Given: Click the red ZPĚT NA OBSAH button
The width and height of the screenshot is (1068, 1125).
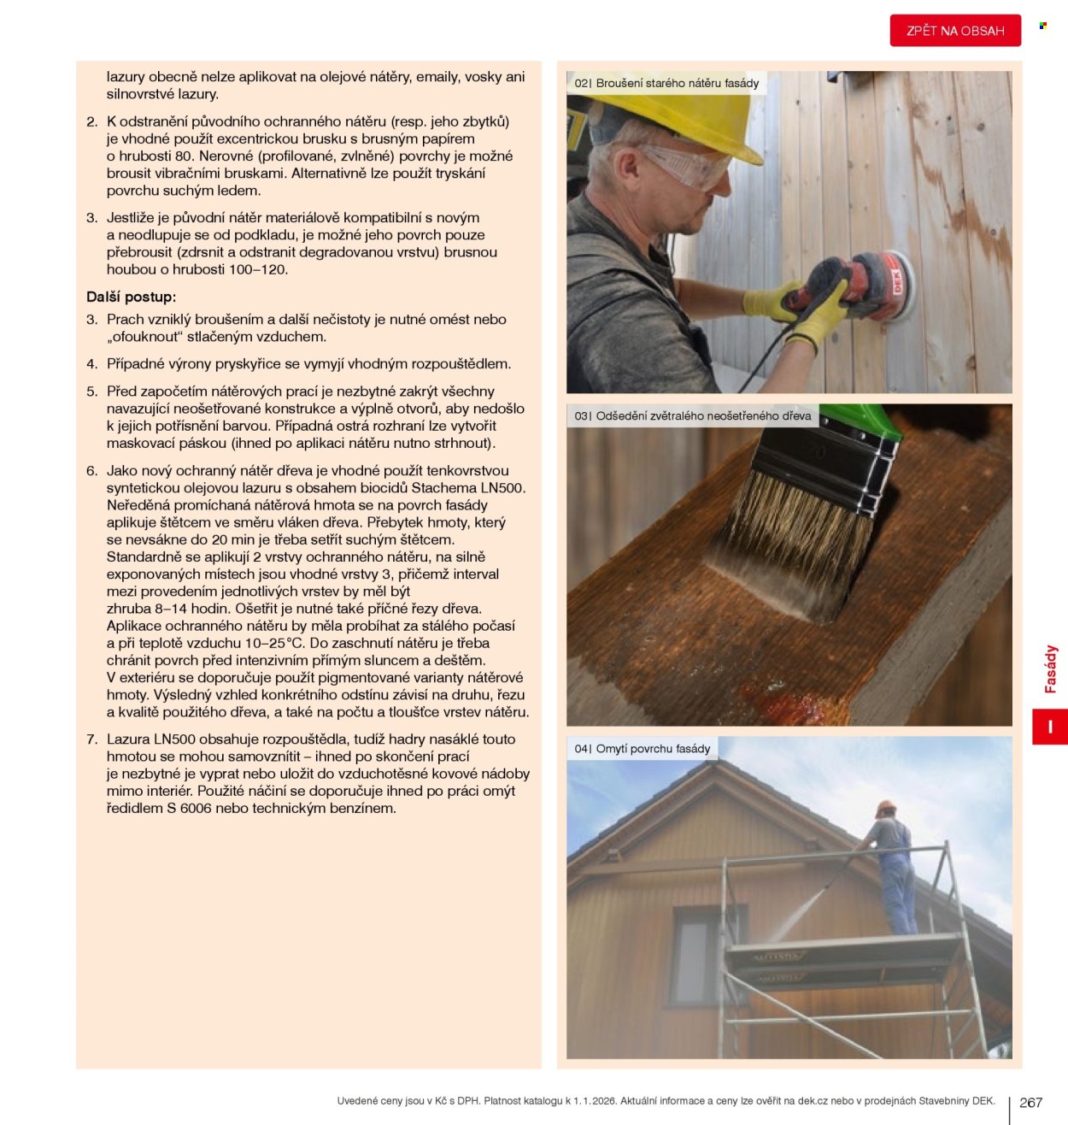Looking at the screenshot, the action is pos(955,31).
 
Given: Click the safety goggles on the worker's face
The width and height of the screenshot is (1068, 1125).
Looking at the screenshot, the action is pos(686,166).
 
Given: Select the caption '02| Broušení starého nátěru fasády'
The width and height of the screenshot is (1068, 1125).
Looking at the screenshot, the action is pos(666,84).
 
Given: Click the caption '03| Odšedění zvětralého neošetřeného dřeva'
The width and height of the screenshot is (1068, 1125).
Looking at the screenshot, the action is pos(693,416).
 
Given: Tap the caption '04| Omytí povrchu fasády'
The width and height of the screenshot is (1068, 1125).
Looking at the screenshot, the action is pos(643,749).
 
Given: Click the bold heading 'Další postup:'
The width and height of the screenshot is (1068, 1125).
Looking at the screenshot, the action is pos(131,297).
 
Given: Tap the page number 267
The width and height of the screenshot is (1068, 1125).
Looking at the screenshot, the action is pos(1030,1102).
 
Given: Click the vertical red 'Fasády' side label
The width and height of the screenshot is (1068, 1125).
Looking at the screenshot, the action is pos(1050,669).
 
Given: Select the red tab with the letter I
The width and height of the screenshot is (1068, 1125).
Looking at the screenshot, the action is pos(1050,727).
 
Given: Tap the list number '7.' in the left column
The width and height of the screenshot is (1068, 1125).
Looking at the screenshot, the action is pos(92,739).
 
